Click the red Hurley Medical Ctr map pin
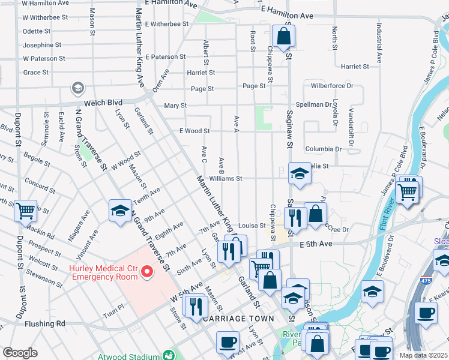tap(146, 273)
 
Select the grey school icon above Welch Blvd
tap(77, 89)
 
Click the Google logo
tap(20, 353)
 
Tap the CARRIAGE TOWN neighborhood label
tap(238, 319)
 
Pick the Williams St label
tap(225, 178)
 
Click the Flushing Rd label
tap(44, 324)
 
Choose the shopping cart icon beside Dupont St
tap(25, 211)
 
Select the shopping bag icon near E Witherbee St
tap(283, 36)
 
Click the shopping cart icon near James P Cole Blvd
tap(408, 192)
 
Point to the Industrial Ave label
tap(379, 43)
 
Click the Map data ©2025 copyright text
tap(423, 355)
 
